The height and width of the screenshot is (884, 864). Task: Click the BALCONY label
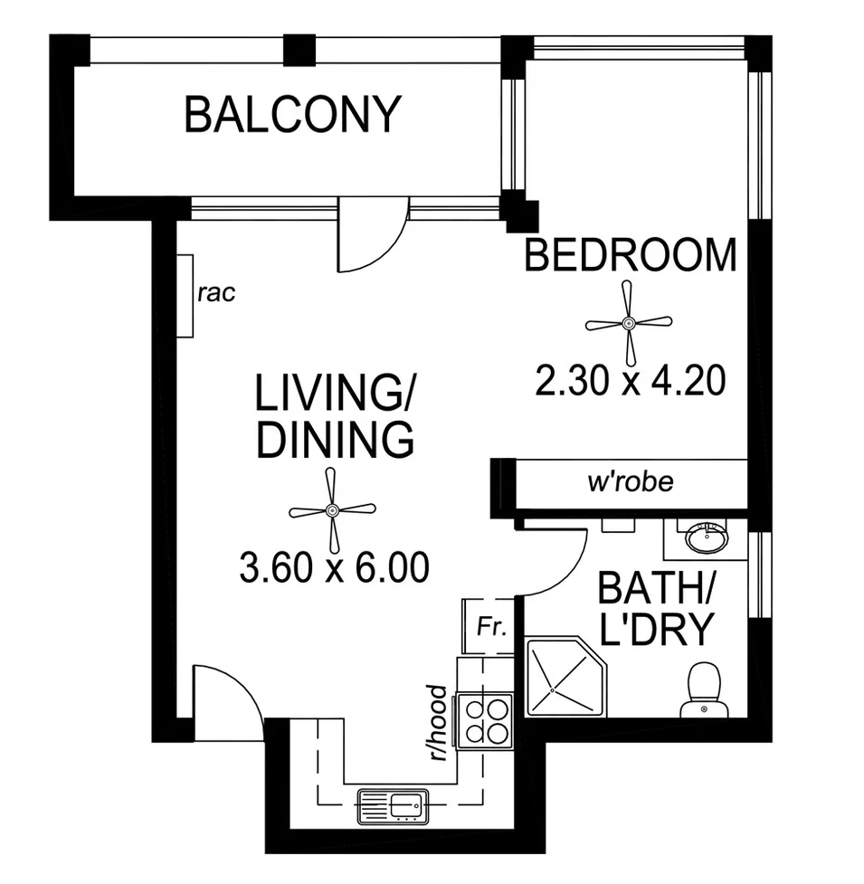(292, 114)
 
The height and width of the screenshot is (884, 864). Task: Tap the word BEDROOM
(631, 255)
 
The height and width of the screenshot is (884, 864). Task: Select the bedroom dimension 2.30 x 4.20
(630, 381)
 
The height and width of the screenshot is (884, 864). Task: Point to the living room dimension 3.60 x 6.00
(334, 567)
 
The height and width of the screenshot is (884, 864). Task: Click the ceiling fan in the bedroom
(629, 323)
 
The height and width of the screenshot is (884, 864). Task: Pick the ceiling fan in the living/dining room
(332, 510)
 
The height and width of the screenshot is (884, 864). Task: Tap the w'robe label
(631, 482)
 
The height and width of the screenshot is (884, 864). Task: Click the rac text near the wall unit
(216, 293)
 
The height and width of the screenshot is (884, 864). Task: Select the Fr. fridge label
(491, 626)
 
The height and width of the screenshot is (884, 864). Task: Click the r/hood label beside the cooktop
(438, 723)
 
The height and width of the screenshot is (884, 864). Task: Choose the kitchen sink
(393, 806)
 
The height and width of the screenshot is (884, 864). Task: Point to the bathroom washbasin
(706, 537)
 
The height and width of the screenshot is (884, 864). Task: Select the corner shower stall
(565, 677)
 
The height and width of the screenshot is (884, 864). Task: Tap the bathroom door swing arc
(568, 575)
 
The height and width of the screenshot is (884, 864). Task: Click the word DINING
(336, 440)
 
